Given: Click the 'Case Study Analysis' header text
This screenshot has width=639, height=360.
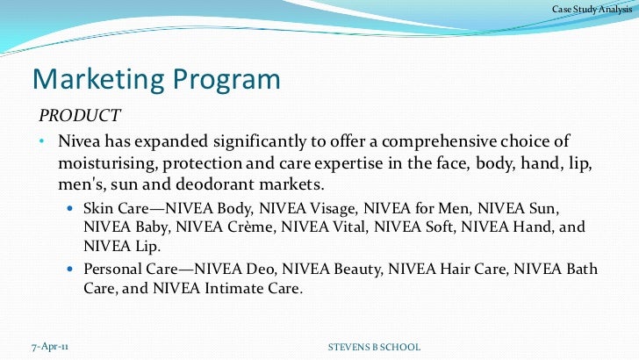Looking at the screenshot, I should pyautogui.click(x=585, y=10).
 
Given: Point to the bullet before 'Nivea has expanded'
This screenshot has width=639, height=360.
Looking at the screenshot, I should pyautogui.click(x=42, y=142).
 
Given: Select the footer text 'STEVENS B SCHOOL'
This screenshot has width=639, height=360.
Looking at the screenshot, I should pyautogui.click(x=373, y=348).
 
